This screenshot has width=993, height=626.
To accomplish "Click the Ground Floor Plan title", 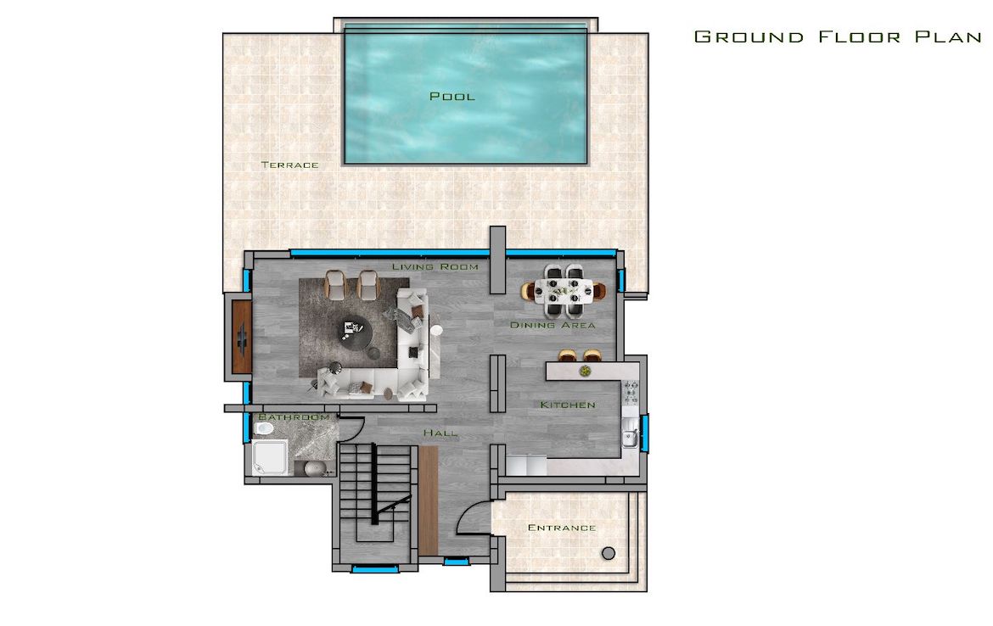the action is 838,36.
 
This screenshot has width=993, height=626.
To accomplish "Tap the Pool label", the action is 452,96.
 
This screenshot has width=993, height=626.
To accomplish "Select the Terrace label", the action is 290,165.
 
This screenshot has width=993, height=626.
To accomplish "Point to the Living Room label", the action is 435,266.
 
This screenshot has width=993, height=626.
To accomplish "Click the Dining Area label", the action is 553,325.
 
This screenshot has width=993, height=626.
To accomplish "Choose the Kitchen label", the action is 568,405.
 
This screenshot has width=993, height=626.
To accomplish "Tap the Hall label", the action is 440,433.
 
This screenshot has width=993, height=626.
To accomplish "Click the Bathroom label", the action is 295,417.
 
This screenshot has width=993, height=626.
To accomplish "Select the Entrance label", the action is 562,528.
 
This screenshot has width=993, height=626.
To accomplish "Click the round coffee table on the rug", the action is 356,332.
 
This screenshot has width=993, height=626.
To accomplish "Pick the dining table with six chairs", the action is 564,291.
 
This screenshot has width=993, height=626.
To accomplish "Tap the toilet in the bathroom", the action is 263,428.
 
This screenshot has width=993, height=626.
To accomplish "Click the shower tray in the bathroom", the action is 271,458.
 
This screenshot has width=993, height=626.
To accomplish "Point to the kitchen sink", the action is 630,438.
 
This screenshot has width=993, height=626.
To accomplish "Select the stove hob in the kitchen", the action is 631,393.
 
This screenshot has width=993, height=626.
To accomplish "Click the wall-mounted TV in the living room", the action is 242,337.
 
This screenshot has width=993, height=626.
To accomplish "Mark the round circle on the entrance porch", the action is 609,553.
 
